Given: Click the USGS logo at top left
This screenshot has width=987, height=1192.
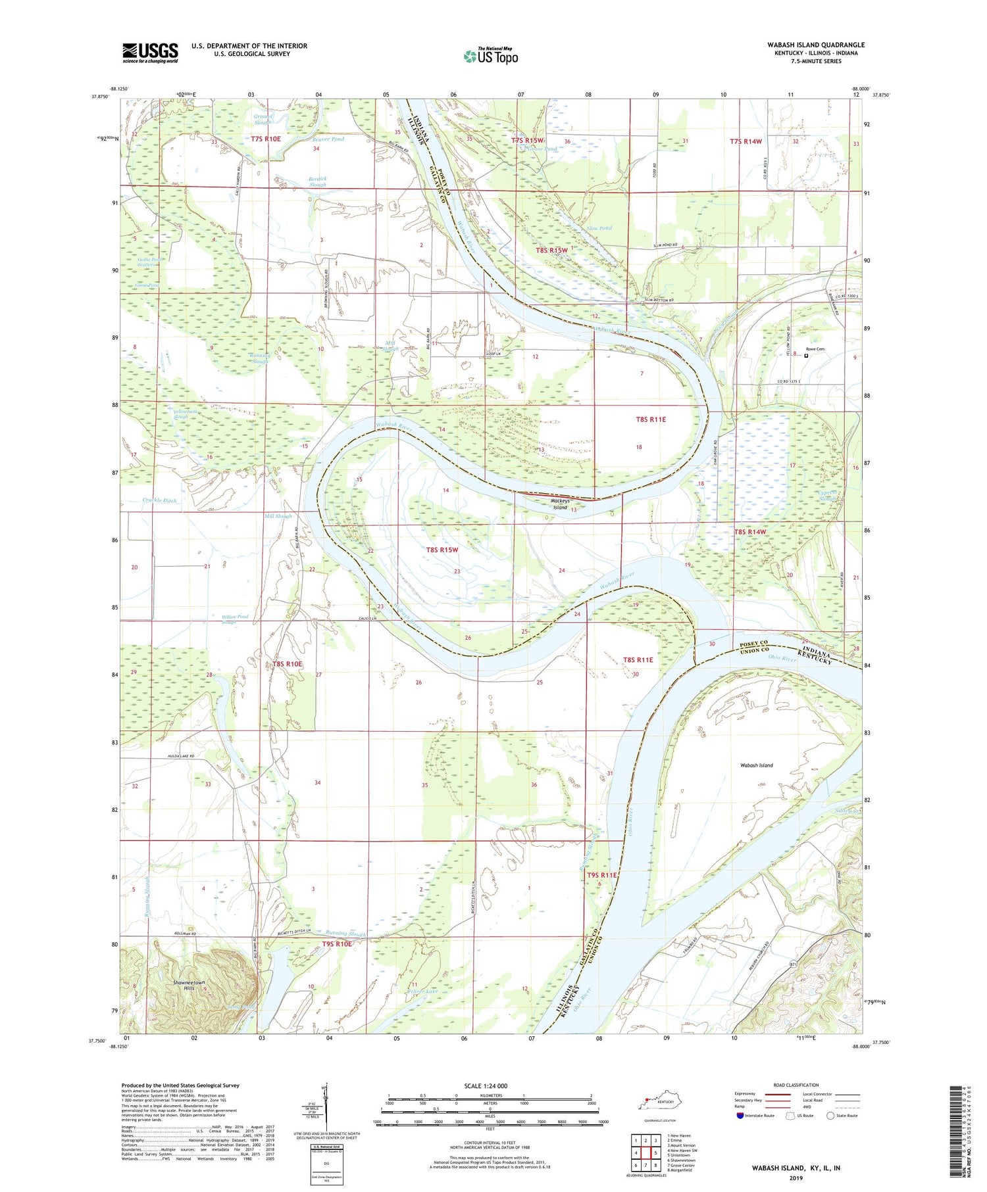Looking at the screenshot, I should (150, 53).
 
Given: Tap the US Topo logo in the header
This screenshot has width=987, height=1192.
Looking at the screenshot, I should (491, 57).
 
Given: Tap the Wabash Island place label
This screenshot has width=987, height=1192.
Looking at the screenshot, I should (756, 765).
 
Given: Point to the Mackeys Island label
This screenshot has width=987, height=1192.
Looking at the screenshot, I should (560, 504).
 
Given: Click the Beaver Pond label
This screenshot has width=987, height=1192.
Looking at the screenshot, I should (328, 139).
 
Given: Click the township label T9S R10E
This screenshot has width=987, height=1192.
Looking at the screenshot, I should (337, 944).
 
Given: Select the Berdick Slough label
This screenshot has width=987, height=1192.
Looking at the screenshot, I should (317, 181).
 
